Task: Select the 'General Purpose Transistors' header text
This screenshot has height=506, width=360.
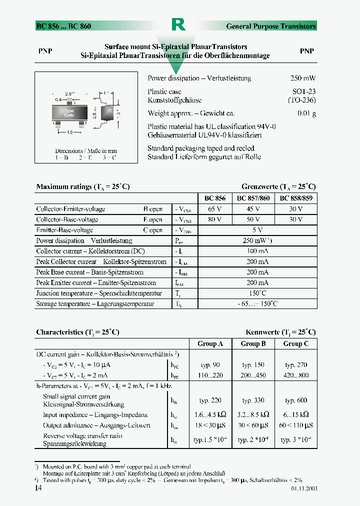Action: [x=270, y=26]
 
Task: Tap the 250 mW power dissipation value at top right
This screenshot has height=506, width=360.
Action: [x=302, y=78]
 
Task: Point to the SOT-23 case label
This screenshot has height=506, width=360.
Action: [x=304, y=92]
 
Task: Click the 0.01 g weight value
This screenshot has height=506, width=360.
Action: [x=306, y=113]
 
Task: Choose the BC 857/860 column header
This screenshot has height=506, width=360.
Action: [x=253, y=198]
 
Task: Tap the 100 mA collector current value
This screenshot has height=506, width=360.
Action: [x=257, y=251]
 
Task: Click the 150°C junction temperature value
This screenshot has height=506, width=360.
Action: [x=257, y=293]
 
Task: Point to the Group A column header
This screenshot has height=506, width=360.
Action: [x=210, y=343]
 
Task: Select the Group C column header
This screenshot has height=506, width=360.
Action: [x=296, y=343]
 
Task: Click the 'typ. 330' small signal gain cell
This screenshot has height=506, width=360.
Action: [x=253, y=400]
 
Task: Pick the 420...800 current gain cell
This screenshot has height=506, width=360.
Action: [x=296, y=375]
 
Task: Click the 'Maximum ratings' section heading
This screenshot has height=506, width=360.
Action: [x=83, y=186]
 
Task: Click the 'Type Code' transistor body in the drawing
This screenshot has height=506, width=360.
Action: [x=69, y=113]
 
